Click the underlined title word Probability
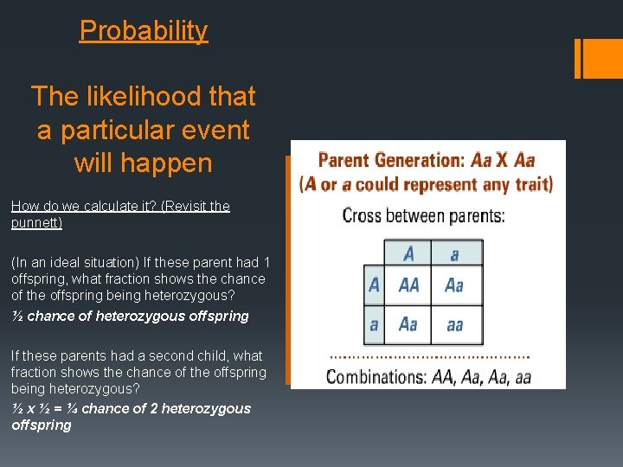click(144, 31)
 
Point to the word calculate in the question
click(107, 206)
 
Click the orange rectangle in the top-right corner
click(595, 58)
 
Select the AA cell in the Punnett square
click(408, 285)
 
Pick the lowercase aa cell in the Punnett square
click(454, 324)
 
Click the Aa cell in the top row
click(454, 285)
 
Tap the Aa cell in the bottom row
click(408, 324)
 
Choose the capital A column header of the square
click(408, 253)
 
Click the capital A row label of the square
click(374, 285)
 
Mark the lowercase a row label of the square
click(374, 324)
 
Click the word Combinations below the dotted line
click(374, 376)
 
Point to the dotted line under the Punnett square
click(430, 355)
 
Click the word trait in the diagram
click(529, 184)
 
